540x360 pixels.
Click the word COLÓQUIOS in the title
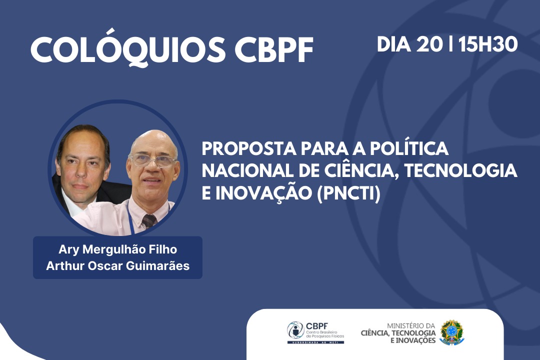click(128, 50)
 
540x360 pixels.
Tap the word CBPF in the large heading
click(274, 50)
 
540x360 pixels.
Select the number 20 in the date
click(429, 44)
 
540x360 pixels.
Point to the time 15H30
click(487, 44)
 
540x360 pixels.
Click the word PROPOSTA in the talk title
click(249, 148)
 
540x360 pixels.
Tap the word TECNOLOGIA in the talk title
click(460, 170)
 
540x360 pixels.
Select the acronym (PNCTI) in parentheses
click(348, 193)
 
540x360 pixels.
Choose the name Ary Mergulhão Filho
click(118, 249)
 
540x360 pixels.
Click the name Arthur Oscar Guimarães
click(118, 265)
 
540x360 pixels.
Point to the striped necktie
click(149, 221)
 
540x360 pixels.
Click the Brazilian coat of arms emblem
click(452, 332)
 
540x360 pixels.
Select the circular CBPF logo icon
click(295, 330)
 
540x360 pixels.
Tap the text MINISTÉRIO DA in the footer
click(411, 326)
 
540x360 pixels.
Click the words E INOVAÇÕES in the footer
click(412, 340)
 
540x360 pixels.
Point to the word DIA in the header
click(393, 44)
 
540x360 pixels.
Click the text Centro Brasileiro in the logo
click(322, 332)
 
